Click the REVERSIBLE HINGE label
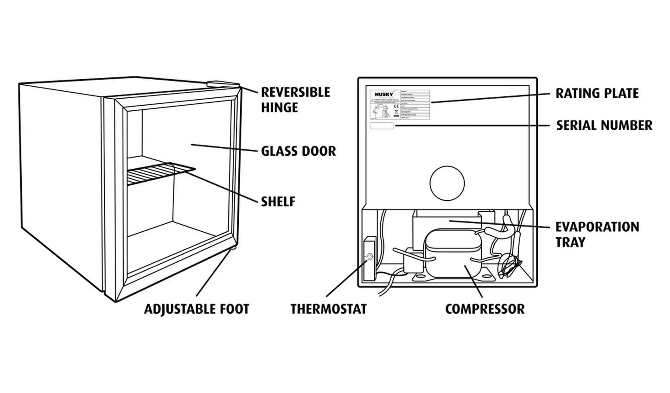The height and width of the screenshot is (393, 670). (295, 100)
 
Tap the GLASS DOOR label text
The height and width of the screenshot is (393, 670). (298, 151)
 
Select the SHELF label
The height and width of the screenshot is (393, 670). (278, 202)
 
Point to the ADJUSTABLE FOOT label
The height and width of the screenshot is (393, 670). (197, 309)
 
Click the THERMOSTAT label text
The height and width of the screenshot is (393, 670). (328, 309)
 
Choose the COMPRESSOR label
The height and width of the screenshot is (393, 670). (485, 309)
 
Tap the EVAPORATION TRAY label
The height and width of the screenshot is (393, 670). (597, 234)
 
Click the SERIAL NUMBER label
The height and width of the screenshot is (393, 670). (604, 125)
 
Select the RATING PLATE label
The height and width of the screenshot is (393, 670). (597, 93)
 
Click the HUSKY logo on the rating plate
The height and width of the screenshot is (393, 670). (384, 94)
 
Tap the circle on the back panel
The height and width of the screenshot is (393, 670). (447, 183)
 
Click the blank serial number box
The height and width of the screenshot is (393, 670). (381, 126)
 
